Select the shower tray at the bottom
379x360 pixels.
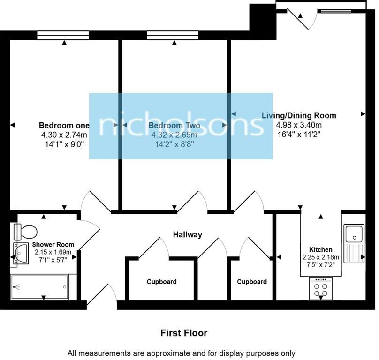40,286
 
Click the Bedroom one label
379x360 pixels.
64,126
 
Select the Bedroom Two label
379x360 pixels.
174,126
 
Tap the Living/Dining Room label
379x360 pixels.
299,115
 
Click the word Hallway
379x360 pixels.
187,234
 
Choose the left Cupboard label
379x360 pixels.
161,282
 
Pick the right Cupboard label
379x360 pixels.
251,282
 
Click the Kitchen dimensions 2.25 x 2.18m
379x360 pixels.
321,257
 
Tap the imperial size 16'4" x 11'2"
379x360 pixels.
299,134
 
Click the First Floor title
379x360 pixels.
184,333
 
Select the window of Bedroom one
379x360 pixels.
63,34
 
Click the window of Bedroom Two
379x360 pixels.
172,34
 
